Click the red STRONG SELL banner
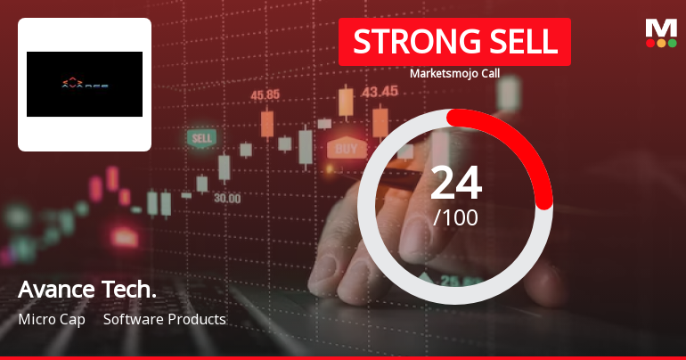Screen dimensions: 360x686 click(453, 43)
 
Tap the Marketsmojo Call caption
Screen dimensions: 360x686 click(454, 73)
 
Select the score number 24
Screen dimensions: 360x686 click(455, 184)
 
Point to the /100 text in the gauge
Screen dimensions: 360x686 click(455, 217)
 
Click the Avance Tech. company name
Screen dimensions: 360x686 click(86, 290)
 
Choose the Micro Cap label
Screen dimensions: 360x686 click(51, 319)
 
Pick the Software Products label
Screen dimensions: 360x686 click(164, 319)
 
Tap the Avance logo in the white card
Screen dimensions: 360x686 click(85, 85)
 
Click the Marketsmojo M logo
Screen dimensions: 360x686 click(661, 27)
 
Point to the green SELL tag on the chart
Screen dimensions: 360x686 click(202, 138)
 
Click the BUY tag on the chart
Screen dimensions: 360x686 click(346, 148)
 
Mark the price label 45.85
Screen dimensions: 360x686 click(265, 94)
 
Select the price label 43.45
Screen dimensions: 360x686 click(380, 91)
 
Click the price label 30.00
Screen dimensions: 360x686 click(226, 198)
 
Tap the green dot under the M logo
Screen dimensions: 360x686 click(673, 43)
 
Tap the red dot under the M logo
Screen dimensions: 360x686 click(649, 43)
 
